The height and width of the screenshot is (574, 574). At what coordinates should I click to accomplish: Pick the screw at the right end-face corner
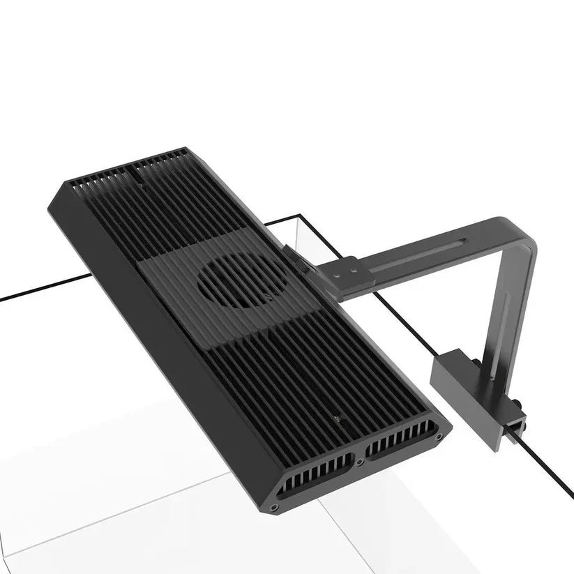point(438,436)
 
